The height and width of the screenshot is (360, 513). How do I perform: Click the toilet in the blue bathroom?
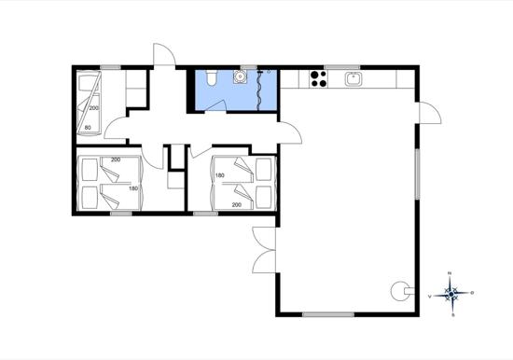click(214, 78)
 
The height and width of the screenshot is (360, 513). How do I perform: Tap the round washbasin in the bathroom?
click(240, 79)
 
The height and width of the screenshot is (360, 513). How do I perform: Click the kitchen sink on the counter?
click(353, 79)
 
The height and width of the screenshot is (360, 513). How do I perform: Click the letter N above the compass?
click(451, 273)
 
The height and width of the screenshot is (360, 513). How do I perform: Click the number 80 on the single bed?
click(88, 127)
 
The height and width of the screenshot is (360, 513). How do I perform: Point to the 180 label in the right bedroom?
click(220, 176)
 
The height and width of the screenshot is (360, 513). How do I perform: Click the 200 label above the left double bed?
click(115, 160)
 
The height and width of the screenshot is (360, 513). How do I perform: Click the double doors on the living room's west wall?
click(264, 250)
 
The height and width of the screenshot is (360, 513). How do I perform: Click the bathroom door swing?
click(290, 132)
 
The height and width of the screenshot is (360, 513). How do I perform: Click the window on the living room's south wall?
click(328, 314)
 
